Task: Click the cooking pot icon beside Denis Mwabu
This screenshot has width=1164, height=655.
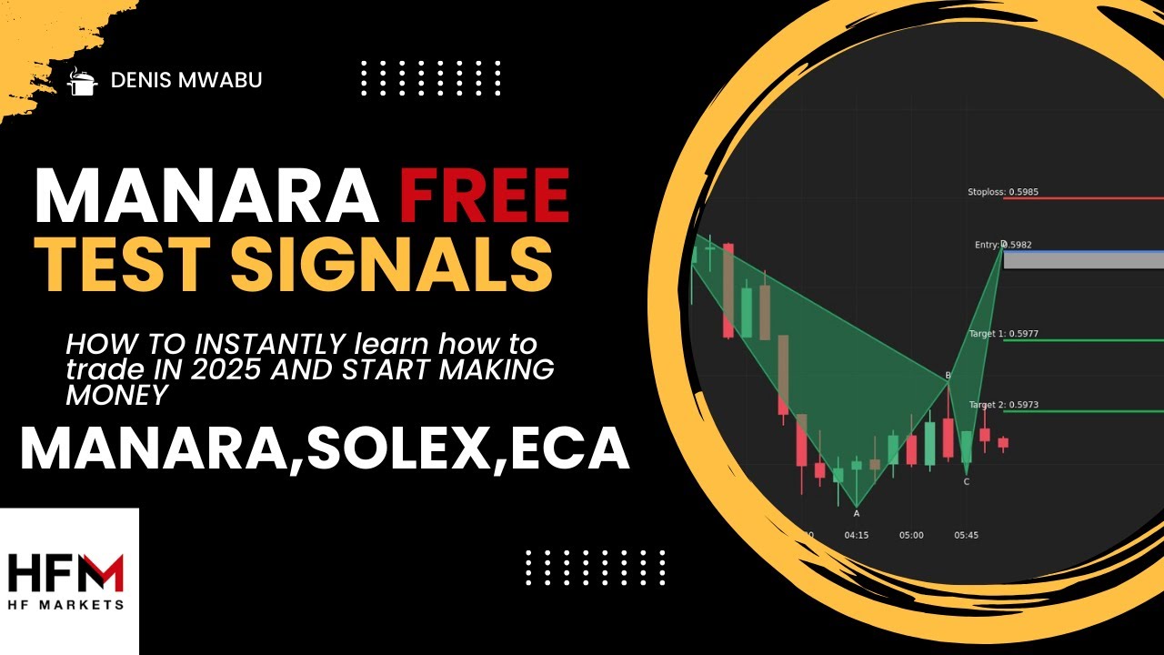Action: [x=82, y=81]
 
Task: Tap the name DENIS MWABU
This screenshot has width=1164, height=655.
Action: [x=186, y=80]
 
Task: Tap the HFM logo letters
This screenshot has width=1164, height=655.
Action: [x=65, y=574]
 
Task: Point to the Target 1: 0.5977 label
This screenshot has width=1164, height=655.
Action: [x=1003, y=334]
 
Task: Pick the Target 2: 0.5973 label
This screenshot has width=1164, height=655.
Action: [x=1003, y=405]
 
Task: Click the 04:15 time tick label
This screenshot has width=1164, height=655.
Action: [x=856, y=535]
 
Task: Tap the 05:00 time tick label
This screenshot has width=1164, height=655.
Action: [x=910, y=535]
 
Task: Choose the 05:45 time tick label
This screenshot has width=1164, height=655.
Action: [x=966, y=535]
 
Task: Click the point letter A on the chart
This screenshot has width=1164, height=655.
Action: [x=857, y=513]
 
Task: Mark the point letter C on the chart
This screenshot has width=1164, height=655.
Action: [x=966, y=481]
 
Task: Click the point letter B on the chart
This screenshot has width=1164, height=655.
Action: [x=948, y=375]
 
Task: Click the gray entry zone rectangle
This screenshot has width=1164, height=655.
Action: [x=1082, y=260]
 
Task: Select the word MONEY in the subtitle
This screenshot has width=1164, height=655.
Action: [x=117, y=396]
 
